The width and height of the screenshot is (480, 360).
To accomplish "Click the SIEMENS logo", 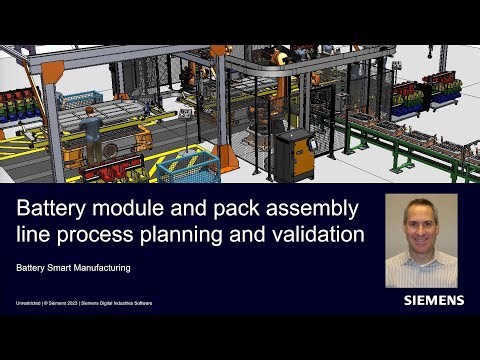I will click(433, 300).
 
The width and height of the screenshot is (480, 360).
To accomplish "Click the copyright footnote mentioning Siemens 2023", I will click(80, 301).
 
